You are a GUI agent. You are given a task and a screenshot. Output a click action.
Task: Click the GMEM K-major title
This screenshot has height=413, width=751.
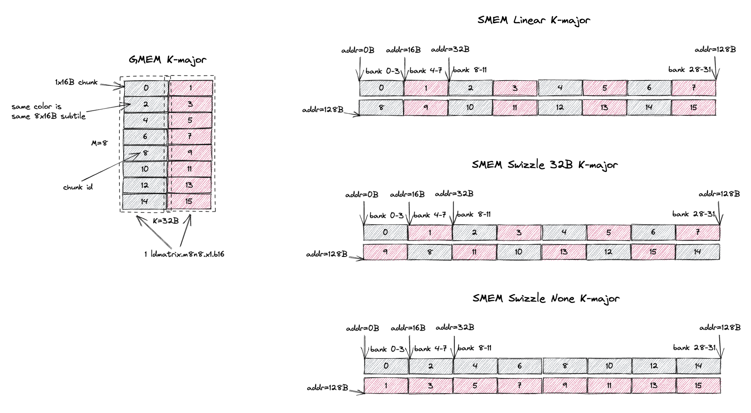(x=167, y=60)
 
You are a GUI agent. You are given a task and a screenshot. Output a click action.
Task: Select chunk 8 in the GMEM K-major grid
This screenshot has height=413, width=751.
(x=145, y=153)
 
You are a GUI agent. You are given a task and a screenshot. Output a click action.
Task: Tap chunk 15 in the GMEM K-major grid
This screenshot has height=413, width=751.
(x=189, y=202)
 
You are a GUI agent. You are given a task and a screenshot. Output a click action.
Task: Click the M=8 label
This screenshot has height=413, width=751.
(x=99, y=143)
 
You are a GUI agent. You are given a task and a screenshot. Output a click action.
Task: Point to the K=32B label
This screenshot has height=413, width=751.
(x=166, y=221)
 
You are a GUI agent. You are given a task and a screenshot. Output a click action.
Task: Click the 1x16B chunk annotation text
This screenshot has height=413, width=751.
(x=76, y=82)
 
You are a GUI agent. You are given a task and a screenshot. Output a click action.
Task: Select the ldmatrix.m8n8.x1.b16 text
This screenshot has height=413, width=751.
(x=184, y=254)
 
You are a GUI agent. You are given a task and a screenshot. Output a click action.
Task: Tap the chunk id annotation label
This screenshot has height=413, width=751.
(x=78, y=187)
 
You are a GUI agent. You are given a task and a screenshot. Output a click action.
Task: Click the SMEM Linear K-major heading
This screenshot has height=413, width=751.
(x=533, y=20)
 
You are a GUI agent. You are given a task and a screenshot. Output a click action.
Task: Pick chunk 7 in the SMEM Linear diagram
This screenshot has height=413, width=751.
(x=694, y=88)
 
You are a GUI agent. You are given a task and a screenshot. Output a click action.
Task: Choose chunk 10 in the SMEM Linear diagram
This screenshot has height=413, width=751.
(x=470, y=108)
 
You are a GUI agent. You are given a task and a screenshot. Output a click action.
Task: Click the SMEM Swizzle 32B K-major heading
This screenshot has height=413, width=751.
(x=544, y=165)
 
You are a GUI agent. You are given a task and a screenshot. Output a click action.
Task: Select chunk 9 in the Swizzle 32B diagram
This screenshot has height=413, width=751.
(x=385, y=252)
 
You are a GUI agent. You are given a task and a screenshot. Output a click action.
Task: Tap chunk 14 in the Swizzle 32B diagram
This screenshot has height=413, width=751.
(x=697, y=252)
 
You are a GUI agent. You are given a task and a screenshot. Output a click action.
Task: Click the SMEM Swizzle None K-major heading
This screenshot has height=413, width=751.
(x=546, y=299)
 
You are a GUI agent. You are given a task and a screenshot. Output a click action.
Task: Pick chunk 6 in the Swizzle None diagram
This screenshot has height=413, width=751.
(x=520, y=366)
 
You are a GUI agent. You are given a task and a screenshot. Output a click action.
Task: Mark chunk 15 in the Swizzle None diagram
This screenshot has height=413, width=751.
(x=698, y=386)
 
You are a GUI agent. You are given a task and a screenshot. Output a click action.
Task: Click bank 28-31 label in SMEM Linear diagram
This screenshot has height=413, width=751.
(x=689, y=70)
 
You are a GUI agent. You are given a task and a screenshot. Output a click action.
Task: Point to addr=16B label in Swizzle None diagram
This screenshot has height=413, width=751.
(x=408, y=328)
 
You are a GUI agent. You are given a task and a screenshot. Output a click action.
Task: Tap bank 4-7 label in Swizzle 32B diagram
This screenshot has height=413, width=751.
(x=430, y=215)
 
